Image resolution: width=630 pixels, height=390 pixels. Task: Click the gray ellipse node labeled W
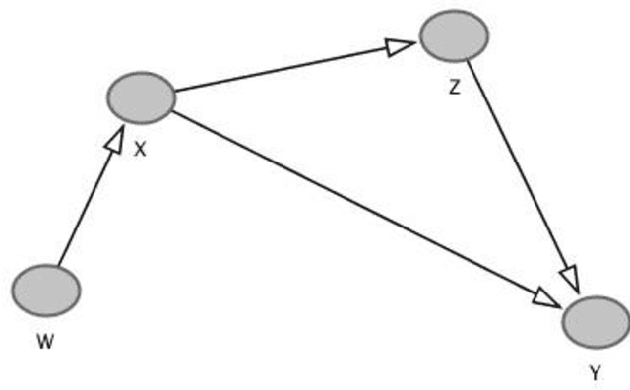(x=45, y=291)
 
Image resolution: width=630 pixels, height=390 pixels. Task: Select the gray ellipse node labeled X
(x=141, y=97)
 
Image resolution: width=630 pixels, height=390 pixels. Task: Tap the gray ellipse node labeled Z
(x=454, y=35)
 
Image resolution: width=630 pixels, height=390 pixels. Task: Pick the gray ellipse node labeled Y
(x=596, y=321)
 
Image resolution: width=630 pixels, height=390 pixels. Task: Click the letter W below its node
(x=44, y=342)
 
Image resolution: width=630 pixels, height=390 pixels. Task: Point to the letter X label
(x=140, y=150)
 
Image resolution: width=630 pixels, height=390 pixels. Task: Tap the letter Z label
(x=454, y=87)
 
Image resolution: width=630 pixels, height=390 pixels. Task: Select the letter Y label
(x=595, y=373)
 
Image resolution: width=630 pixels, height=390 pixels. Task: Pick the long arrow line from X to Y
(x=354, y=201)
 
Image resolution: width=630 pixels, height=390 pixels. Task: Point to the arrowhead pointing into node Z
(x=400, y=46)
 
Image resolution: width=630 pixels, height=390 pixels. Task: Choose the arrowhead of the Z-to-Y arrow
(x=569, y=279)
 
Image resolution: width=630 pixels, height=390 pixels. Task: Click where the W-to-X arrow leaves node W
(x=58, y=266)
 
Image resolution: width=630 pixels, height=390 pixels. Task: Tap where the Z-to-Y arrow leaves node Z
(x=469, y=61)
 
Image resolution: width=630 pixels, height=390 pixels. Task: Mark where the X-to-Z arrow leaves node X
(x=175, y=91)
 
